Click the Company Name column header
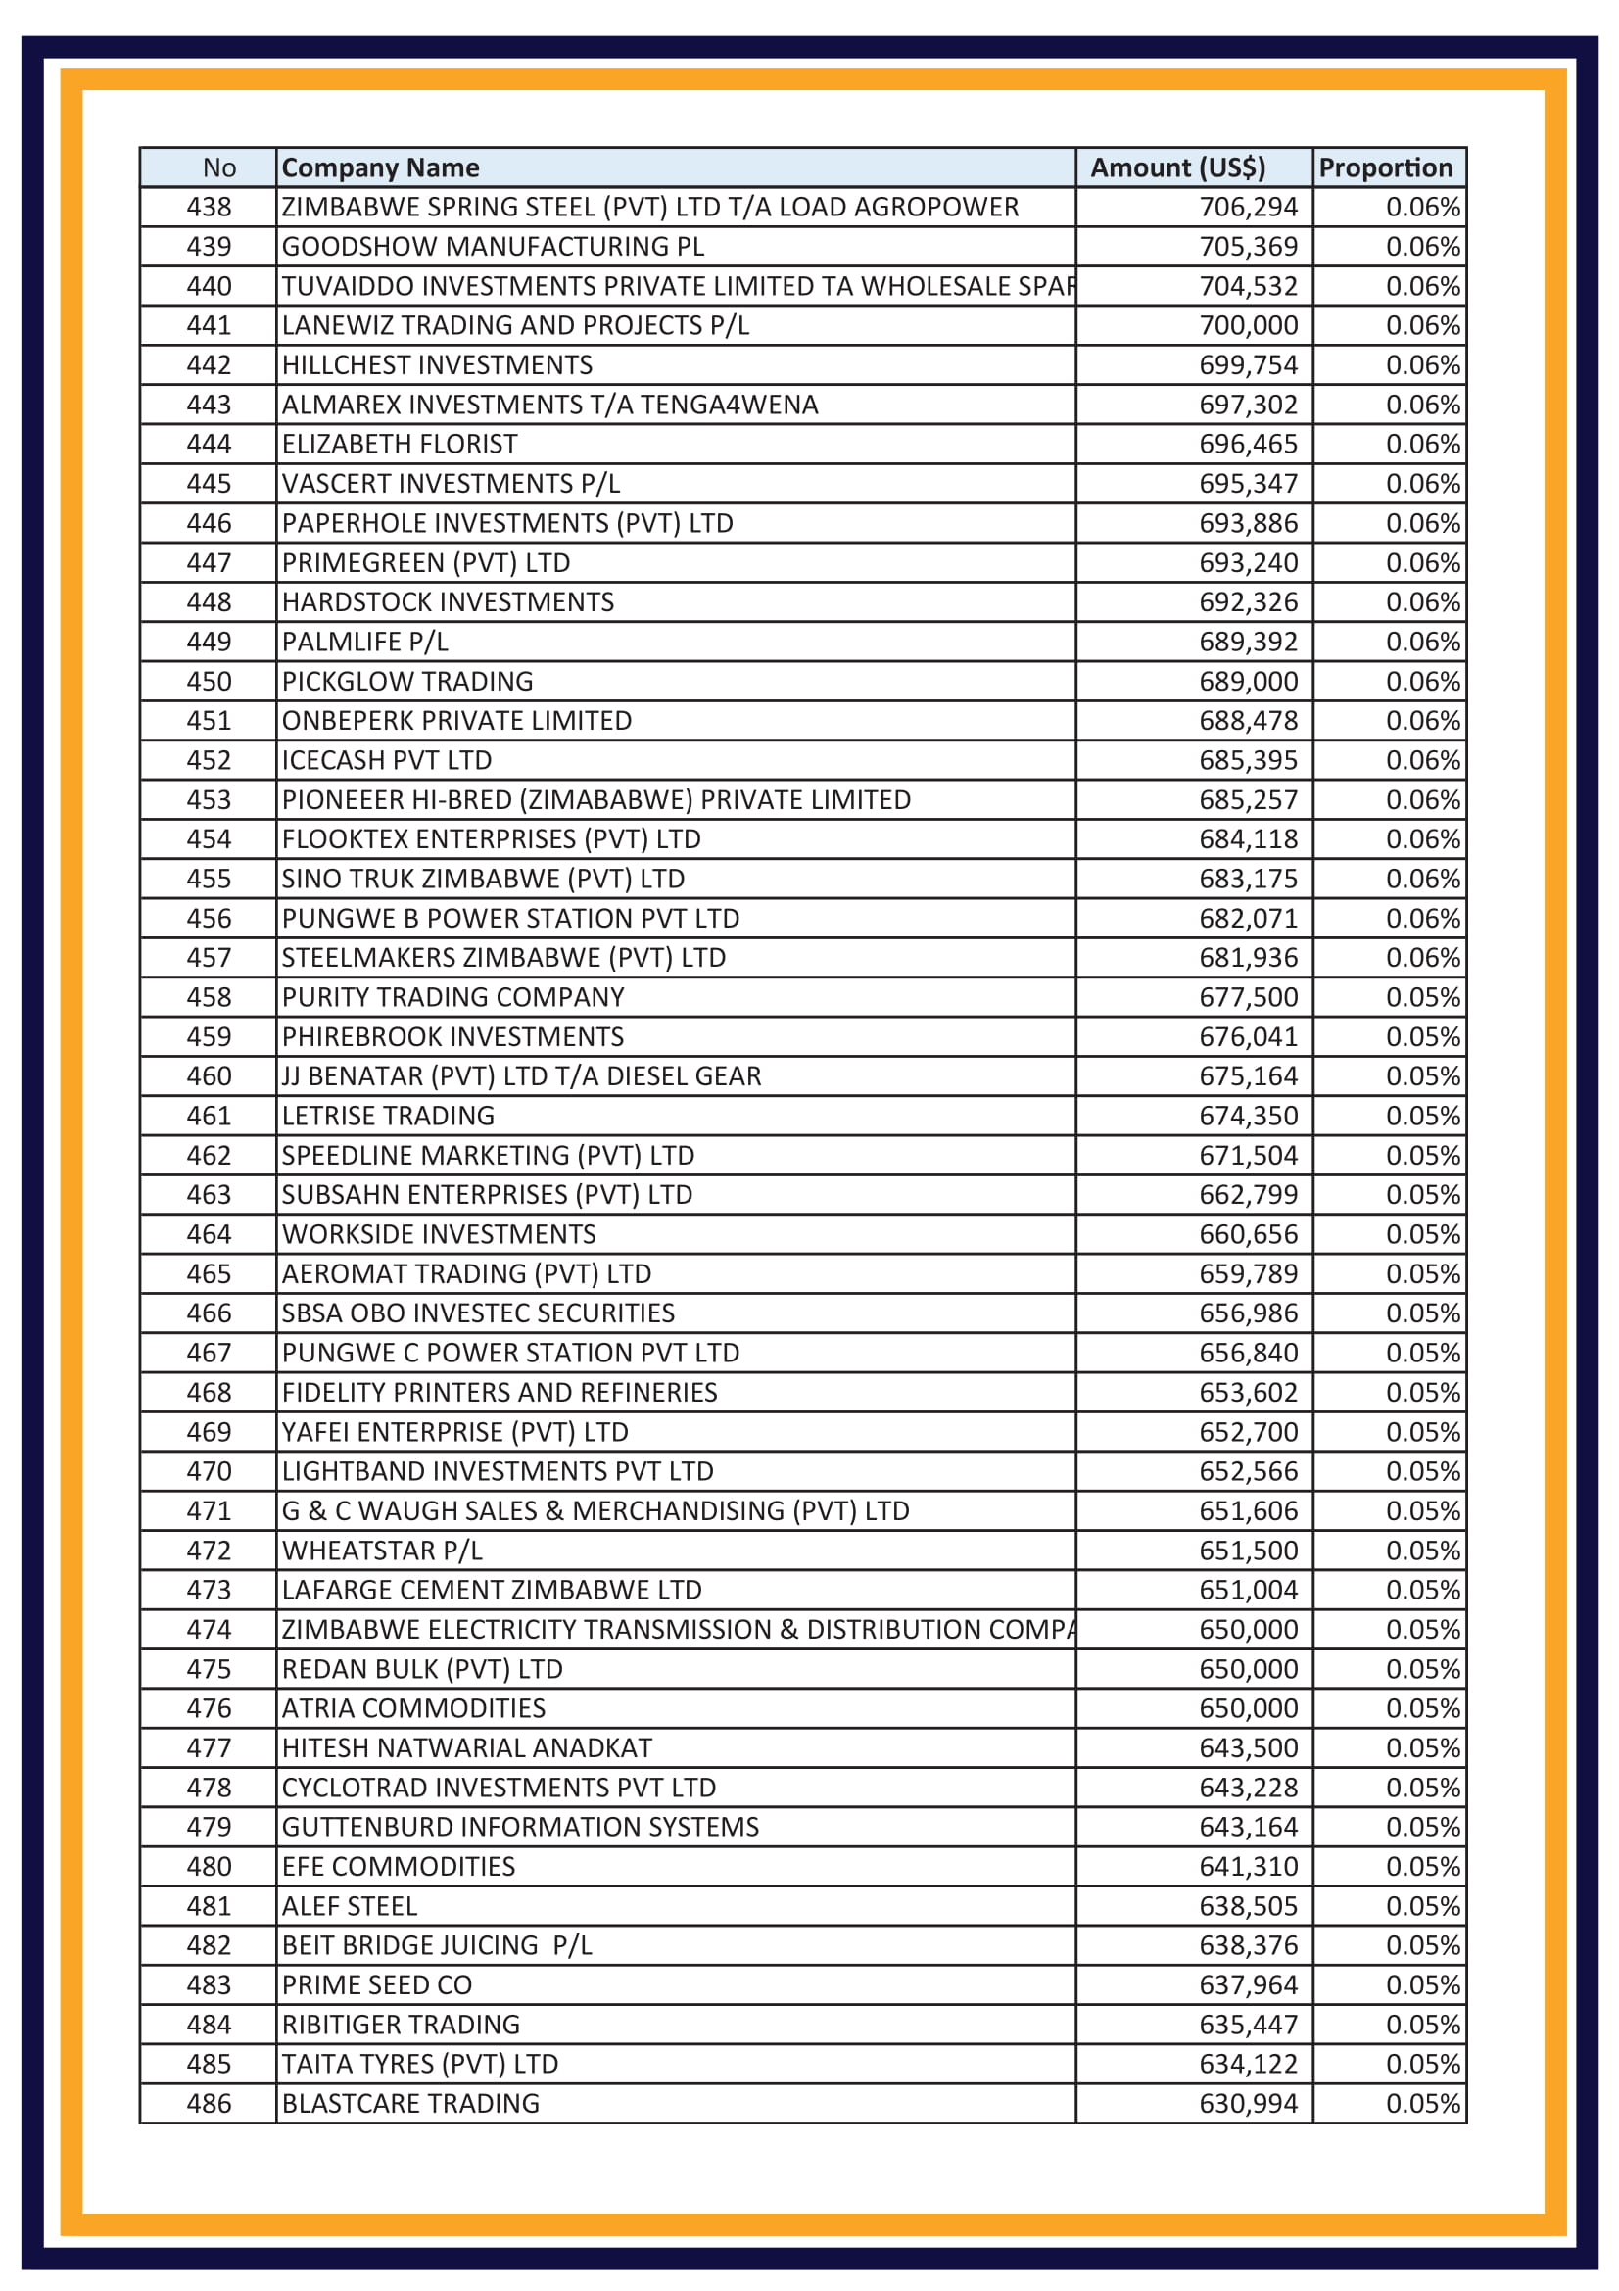[380, 167]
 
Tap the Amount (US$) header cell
[1177, 167]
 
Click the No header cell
[218, 167]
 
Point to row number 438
[209, 207]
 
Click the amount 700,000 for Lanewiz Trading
[1248, 325]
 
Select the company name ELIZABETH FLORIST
[399, 444]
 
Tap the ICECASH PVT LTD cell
[386, 760]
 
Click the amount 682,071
[1248, 918]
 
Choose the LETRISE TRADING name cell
[388, 1116]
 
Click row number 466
[209, 1313]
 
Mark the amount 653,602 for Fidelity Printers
[1248, 1392]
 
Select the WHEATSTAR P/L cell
[382, 1551]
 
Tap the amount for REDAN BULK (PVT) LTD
[1248, 1668]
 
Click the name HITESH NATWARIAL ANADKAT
[467, 1748]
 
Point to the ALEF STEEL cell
[349, 1906]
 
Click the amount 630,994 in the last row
[1248, 2103]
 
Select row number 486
[209, 2103]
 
